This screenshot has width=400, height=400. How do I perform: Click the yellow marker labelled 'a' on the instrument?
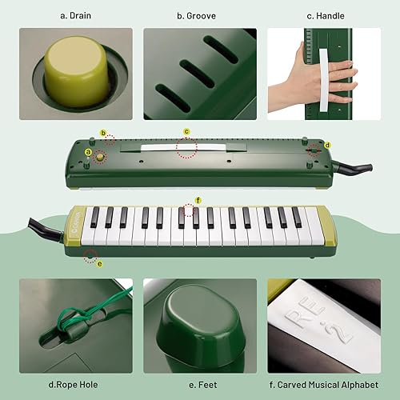tap(88, 151)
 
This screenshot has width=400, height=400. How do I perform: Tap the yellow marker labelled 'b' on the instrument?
tap(103, 133)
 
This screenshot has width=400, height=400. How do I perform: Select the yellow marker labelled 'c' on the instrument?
tap(186, 131)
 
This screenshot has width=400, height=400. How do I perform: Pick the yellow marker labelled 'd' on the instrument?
tap(327, 145)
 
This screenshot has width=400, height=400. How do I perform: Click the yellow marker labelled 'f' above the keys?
tap(198, 199)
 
